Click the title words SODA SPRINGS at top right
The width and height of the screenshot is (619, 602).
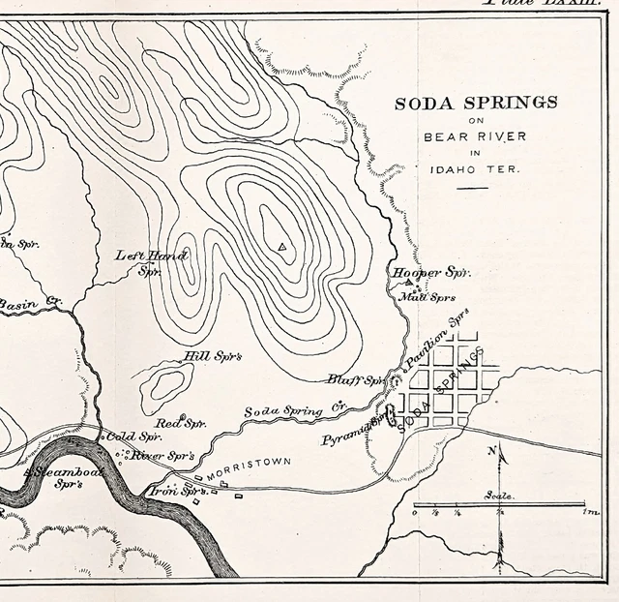coord(475,102)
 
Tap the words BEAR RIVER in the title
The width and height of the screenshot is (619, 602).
coord(475,136)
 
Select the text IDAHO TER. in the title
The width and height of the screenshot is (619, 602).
coord(475,169)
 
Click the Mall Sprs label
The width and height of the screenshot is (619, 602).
coord(427,297)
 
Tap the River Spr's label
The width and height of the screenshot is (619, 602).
coord(162,455)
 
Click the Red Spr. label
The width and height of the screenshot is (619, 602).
coord(183,423)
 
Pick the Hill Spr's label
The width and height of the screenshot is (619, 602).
coord(212,356)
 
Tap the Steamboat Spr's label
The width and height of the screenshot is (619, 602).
coord(63,476)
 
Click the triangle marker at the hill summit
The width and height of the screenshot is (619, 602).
coord(281,247)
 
